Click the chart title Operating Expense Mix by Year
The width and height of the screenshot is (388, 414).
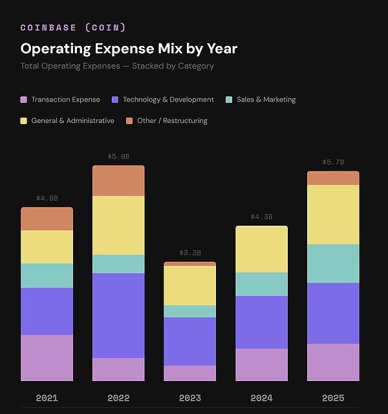click(x=129, y=49)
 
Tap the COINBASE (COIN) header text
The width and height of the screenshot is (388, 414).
click(x=73, y=27)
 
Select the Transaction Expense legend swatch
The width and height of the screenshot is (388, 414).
click(x=24, y=100)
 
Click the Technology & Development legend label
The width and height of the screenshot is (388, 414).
click(x=168, y=100)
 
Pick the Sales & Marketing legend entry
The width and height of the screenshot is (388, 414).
click(x=266, y=100)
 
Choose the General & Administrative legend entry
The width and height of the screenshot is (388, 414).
click(x=72, y=120)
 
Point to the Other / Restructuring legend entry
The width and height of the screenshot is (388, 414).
click(x=172, y=120)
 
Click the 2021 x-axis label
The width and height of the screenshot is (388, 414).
click(x=47, y=398)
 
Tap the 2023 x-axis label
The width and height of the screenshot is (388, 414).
click(x=189, y=398)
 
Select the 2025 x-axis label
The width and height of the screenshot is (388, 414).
click(x=333, y=398)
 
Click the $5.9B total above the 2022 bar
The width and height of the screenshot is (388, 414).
click(x=118, y=157)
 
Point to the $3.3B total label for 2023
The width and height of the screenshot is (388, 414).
click(x=189, y=253)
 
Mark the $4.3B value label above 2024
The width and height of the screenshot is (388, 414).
click(x=261, y=217)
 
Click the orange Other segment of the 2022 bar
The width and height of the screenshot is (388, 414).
click(x=118, y=180)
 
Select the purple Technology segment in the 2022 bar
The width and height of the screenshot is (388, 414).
click(x=118, y=315)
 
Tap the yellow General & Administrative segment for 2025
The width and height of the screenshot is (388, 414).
click(x=333, y=214)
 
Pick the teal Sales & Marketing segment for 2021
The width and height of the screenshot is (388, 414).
click(x=47, y=276)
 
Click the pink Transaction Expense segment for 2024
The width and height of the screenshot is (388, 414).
click(x=261, y=365)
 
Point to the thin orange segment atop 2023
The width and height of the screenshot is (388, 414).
click(x=189, y=264)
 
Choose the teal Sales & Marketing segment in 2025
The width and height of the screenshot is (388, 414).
click(x=333, y=263)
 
